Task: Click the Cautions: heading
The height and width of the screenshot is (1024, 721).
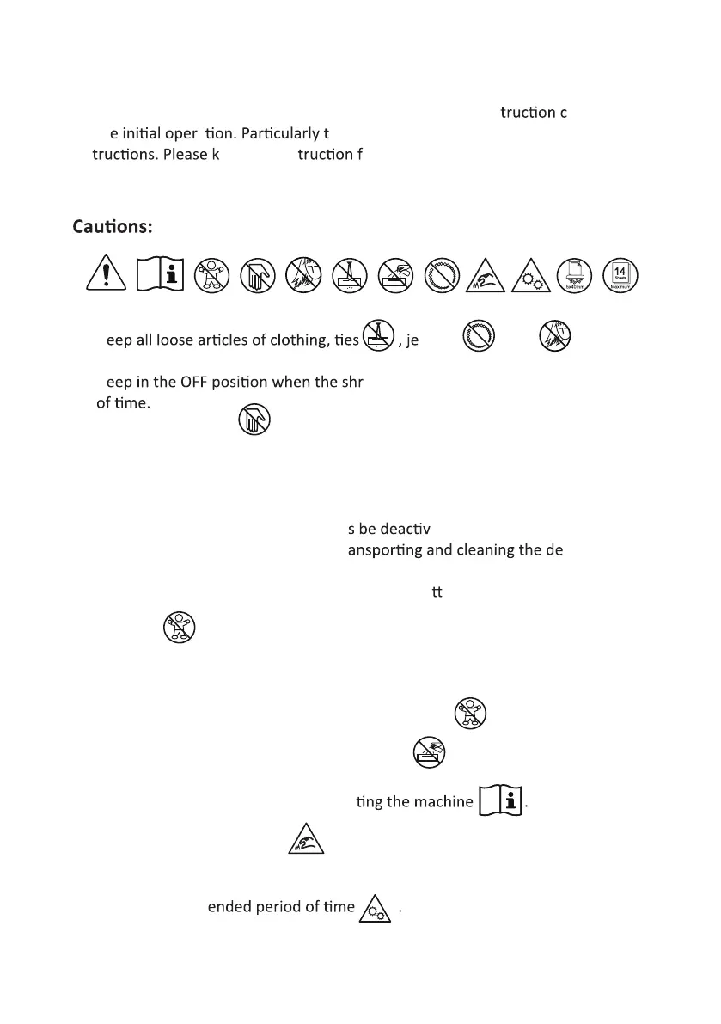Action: pos(113,227)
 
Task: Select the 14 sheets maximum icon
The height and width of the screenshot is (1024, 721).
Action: pos(620,275)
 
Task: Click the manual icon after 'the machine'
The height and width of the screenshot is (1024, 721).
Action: pos(500,802)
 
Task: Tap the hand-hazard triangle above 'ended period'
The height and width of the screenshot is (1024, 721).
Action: pos(306,838)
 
